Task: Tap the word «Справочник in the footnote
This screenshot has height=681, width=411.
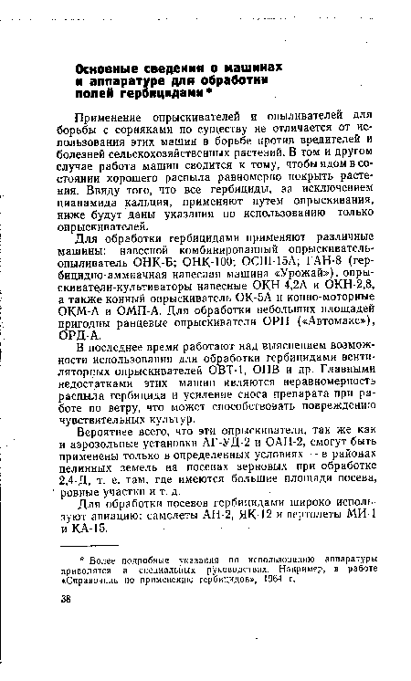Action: [x=114, y=635]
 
